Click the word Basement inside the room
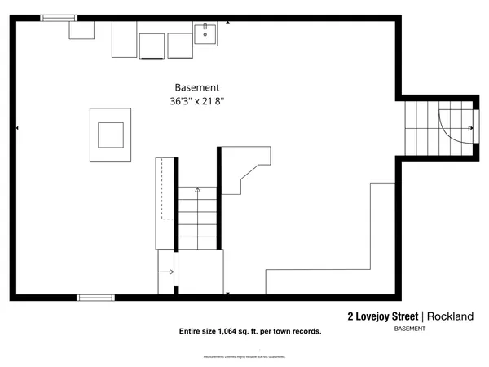pos(197,87)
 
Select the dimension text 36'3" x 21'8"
pos(197,101)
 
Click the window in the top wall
pos(59,18)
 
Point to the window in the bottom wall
pos(96,297)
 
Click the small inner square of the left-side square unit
pos(111,133)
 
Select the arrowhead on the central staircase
pos(197,188)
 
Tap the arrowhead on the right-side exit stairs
pos(472,128)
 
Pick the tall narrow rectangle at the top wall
pos(124,39)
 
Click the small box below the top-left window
pos(81,30)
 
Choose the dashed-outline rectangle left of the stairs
pos(168,190)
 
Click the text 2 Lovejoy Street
pos(382,316)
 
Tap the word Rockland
pos(450,316)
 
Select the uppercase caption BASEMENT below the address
pos(409,329)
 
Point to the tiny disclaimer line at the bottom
pos(244,357)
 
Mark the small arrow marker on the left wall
pos(18,128)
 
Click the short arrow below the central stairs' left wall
pos(171,272)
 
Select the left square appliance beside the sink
pos(152,46)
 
